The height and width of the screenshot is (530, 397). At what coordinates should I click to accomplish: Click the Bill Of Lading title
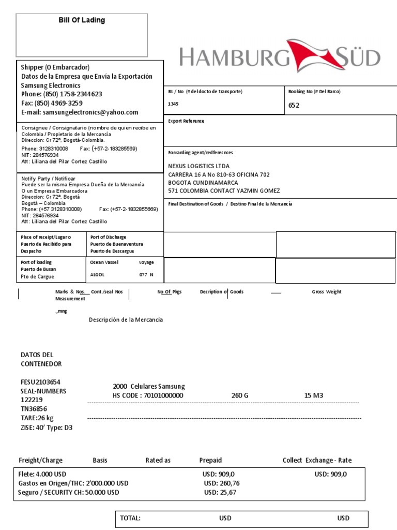[x=81, y=20]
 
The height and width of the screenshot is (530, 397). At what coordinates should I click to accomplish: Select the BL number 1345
[x=173, y=104]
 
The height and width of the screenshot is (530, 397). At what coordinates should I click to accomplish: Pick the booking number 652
[x=294, y=105]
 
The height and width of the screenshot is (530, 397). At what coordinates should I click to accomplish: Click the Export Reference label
[x=186, y=121]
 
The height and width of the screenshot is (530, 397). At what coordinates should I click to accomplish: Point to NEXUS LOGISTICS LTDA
[x=199, y=166]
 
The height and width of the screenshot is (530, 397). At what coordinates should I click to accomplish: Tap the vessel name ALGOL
[x=97, y=275]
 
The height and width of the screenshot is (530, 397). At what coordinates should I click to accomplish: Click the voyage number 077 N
[x=146, y=275]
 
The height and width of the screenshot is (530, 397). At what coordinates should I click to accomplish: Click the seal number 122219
[x=32, y=400]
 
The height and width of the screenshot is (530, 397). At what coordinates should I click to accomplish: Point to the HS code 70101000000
[x=148, y=395]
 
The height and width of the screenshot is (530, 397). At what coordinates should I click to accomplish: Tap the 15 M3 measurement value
[x=314, y=395]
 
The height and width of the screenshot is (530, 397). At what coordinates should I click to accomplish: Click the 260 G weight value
[x=240, y=395]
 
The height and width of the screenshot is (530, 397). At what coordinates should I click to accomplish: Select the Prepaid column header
[x=210, y=460]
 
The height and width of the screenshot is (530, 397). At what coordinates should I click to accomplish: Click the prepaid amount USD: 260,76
[x=222, y=483]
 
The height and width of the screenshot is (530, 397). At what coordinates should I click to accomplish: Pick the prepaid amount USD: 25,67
[x=220, y=492]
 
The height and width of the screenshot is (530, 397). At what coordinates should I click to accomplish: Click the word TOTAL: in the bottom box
[x=130, y=518]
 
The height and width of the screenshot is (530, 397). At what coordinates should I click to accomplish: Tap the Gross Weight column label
[x=326, y=292]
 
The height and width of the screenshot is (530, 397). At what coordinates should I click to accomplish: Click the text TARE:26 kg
[x=37, y=418]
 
